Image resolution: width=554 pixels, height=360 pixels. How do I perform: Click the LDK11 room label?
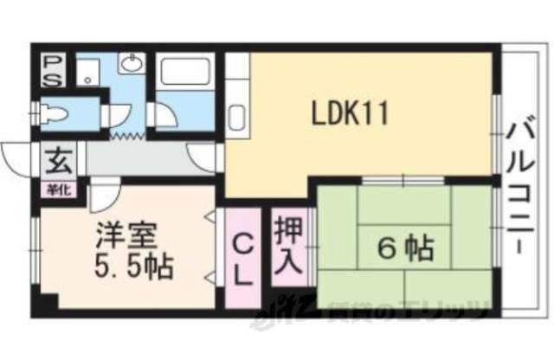pyautogui.click(x=350, y=112)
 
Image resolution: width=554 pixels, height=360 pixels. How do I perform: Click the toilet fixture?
pyautogui.click(x=55, y=113)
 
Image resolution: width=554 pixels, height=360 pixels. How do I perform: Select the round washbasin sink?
pyautogui.click(x=132, y=64)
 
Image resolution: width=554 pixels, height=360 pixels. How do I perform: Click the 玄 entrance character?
pyautogui.click(x=59, y=161)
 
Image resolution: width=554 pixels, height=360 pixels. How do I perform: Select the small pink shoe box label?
pyautogui.click(x=59, y=183)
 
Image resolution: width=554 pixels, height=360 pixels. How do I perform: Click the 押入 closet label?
pyautogui.click(x=288, y=246)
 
